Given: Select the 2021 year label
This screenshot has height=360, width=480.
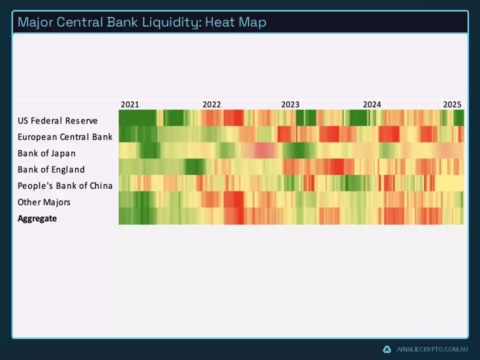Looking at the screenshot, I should click(130, 104).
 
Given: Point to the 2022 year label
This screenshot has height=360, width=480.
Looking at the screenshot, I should click(211, 104).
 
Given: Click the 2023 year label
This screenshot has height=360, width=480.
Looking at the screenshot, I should click(290, 104).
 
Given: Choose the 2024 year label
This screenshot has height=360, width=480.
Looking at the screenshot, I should click(372, 104).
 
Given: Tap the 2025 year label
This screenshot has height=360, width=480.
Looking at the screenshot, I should click(452, 104).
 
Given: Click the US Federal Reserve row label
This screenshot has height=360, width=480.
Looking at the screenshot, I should click(57, 121).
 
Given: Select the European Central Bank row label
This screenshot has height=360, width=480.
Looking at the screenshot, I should click(65, 137).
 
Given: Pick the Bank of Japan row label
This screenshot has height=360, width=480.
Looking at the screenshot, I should click(46, 153).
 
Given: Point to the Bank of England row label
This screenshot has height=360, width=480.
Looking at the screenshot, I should click(51, 169).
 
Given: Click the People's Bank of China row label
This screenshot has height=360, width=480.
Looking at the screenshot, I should click(65, 186).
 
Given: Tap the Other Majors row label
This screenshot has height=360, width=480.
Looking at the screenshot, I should click(44, 202).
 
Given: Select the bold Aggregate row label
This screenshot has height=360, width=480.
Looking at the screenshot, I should click(37, 218).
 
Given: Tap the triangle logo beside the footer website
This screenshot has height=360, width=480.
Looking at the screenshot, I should click(386, 349).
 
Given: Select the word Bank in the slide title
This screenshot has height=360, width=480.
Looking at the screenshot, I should click(120, 22).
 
